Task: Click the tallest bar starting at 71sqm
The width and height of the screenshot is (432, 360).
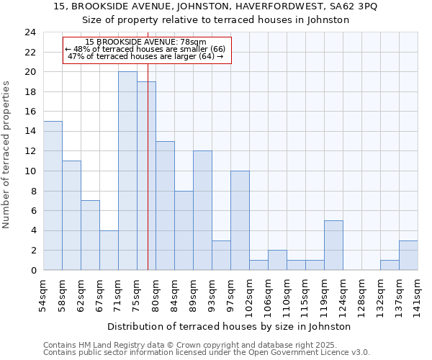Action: click(127, 171)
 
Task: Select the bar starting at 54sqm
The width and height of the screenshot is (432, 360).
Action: click(53, 195)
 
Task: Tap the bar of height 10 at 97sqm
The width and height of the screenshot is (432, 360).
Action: click(240, 220)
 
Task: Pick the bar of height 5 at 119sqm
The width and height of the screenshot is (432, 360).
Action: click(333, 245)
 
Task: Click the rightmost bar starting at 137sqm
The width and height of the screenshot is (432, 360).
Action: click(408, 255)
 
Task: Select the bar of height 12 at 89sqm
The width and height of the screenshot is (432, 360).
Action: click(202, 210)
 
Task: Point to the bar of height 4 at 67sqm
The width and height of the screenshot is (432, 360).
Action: click(109, 250)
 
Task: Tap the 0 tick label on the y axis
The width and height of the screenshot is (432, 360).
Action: click(32, 270)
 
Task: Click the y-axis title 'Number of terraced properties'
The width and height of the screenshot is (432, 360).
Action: click(7, 155)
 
